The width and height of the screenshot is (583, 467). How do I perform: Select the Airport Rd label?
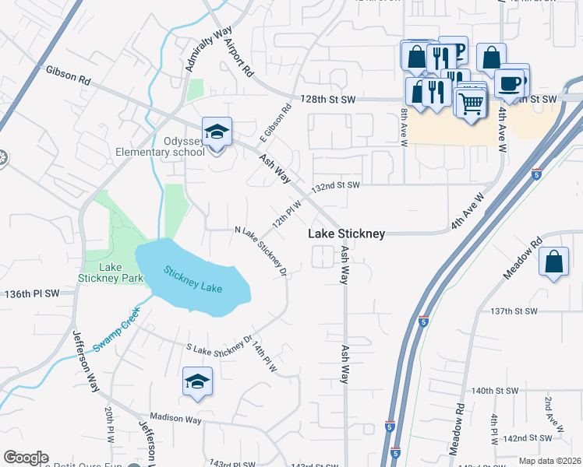coord(239,58)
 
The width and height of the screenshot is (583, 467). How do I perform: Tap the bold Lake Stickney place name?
coord(346,233)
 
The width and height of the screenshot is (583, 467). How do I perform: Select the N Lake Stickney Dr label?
coord(262,251)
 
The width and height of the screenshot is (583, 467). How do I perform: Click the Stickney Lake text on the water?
coord(193,280)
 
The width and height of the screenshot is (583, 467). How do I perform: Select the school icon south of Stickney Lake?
coord(197,382)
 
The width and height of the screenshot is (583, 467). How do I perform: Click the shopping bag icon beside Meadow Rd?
coord(553,263)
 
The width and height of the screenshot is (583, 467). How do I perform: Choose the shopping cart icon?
coord(471,103)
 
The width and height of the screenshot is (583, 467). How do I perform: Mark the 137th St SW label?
coord(537,311)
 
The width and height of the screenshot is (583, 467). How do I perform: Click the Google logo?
coord(26,458)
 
